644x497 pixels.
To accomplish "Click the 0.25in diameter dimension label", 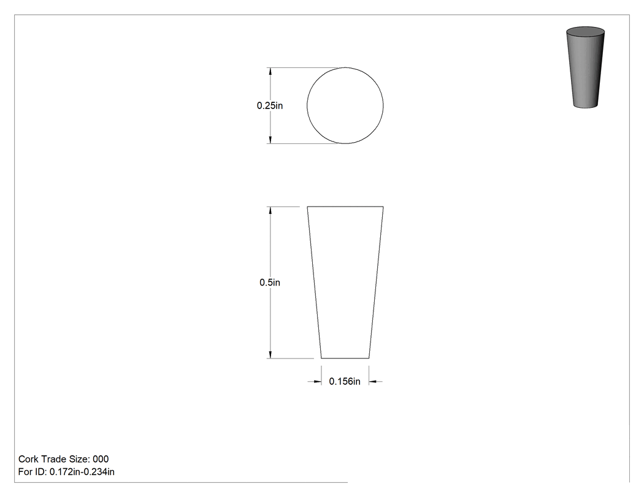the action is pos(270,105).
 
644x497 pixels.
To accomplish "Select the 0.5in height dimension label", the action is pos(270,283).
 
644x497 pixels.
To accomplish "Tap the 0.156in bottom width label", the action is pos(345,381).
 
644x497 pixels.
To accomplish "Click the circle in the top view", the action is pos(307,105).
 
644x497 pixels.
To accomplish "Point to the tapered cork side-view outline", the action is pos(315,283).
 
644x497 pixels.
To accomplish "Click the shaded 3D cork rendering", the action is pos(585,67).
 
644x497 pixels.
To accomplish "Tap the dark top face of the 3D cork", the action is pos(585,32).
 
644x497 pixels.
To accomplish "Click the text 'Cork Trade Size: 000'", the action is pos(64,459).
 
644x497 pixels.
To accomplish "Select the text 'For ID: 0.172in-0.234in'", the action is pos(66,472).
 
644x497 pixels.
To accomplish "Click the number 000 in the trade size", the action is pos(101,459).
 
